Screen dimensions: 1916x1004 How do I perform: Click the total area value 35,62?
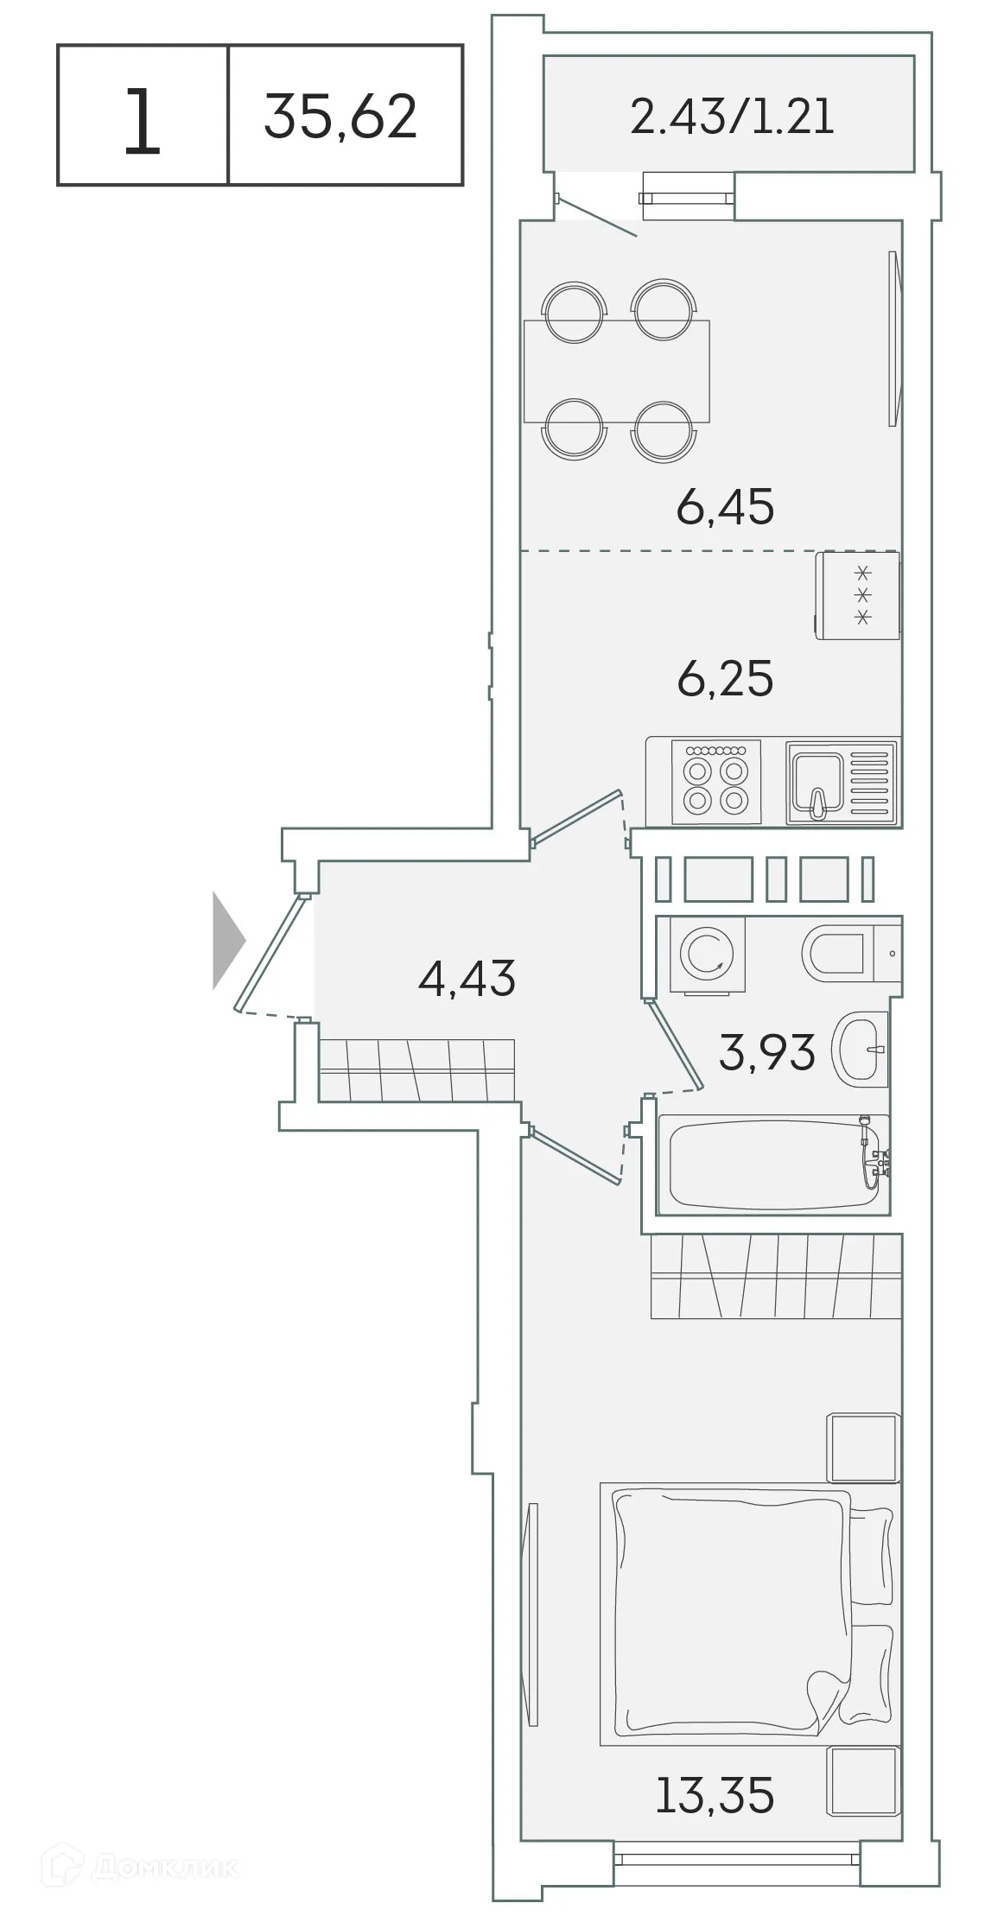click(x=340, y=117)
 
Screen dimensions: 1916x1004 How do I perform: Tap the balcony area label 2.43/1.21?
click(x=732, y=116)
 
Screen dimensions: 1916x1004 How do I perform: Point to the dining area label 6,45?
click(x=725, y=507)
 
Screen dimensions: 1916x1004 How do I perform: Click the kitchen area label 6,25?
click(x=725, y=679)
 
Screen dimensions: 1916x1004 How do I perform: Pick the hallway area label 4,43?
click(x=467, y=979)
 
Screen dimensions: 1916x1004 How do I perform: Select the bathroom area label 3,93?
click(x=766, y=1052)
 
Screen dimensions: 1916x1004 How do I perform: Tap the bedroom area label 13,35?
click(x=715, y=1795)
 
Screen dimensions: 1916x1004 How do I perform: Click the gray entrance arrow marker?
click(x=228, y=941)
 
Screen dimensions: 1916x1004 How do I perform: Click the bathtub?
click(x=772, y=1165)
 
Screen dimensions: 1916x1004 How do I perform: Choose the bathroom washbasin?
click(x=860, y=1049)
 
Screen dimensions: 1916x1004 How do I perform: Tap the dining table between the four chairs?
click(x=617, y=371)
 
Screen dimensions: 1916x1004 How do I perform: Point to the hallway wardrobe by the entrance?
click(x=416, y=1070)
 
